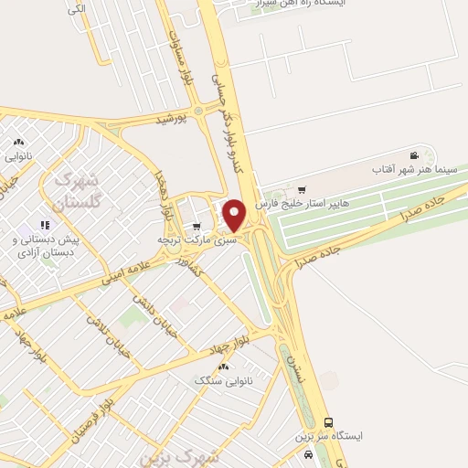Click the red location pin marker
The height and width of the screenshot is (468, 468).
235,216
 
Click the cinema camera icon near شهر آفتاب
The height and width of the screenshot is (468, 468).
415,156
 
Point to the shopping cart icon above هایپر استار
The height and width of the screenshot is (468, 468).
302,190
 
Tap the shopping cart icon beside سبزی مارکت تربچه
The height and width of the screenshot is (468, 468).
197,227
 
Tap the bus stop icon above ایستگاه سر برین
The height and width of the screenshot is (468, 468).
329,422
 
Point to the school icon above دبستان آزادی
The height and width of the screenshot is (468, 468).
43,225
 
